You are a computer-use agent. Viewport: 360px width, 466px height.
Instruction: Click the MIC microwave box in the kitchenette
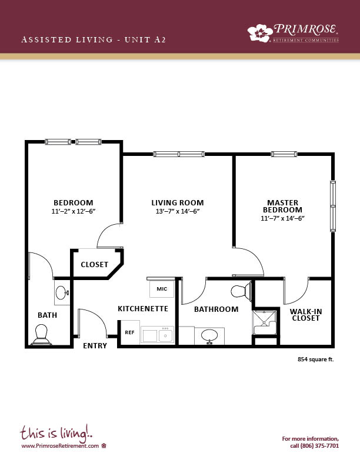tap(162, 288)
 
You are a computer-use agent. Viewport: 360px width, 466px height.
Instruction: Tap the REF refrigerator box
tap(130, 332)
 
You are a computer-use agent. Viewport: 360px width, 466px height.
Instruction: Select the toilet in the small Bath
tap(41, 335)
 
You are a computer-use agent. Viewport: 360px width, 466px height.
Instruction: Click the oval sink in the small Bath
tap(62, 293)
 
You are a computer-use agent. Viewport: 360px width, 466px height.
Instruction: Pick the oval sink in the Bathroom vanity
tap(209, 336)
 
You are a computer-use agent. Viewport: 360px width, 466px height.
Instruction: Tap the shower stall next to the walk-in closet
tap(264, 322)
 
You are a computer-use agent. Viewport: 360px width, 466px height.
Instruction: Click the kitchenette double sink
tap(157, 335)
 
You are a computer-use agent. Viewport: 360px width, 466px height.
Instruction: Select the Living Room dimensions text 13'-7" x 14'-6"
tap(177, 211)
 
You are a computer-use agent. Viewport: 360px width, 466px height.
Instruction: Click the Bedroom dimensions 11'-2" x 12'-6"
tap(74, 211)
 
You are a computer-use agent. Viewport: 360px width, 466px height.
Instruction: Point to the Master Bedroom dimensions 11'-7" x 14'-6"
tap(283, 218)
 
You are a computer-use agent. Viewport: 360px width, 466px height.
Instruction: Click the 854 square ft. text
tap(316, 360)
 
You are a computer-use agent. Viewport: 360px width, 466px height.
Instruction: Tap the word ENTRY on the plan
tap(95, 345)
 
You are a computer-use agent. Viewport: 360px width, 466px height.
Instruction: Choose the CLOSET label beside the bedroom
tap(95, 265)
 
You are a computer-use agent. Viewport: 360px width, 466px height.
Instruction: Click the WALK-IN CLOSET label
tap(306, 315)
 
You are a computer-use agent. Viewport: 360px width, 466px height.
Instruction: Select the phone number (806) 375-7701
tap(319, 446)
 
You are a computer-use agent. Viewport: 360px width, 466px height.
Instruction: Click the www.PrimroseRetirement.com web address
tap(60, 446)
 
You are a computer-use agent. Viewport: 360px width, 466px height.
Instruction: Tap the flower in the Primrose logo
tap(260, 33)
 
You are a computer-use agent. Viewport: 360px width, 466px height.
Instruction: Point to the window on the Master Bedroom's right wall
tap(333, 206)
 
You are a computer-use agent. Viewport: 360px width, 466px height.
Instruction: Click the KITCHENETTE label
tap(143, 309)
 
